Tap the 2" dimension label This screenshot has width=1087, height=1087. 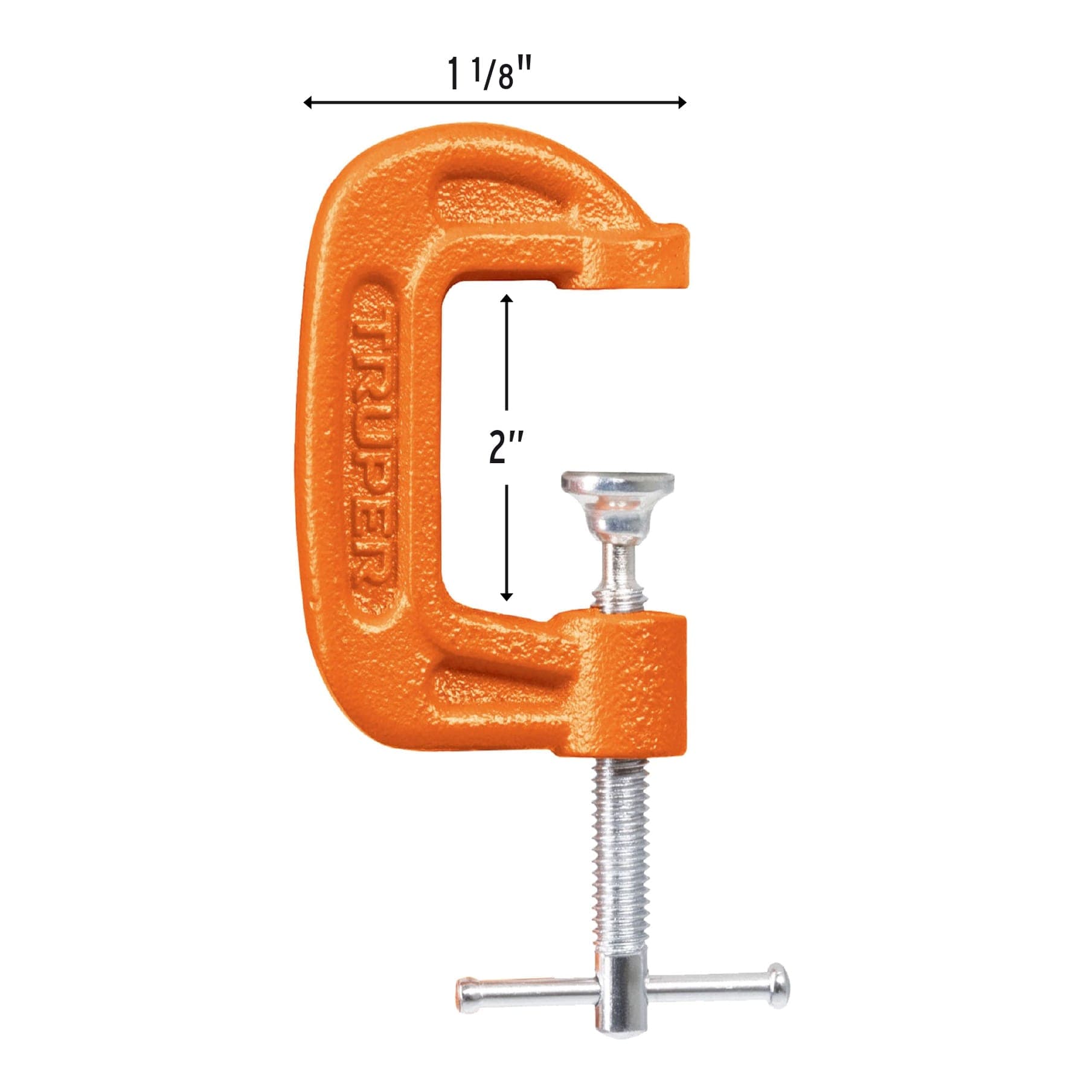coord(505,448)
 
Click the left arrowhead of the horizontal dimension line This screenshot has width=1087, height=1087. coord(308,102)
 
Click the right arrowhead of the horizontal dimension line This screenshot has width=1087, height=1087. coord(681,102)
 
